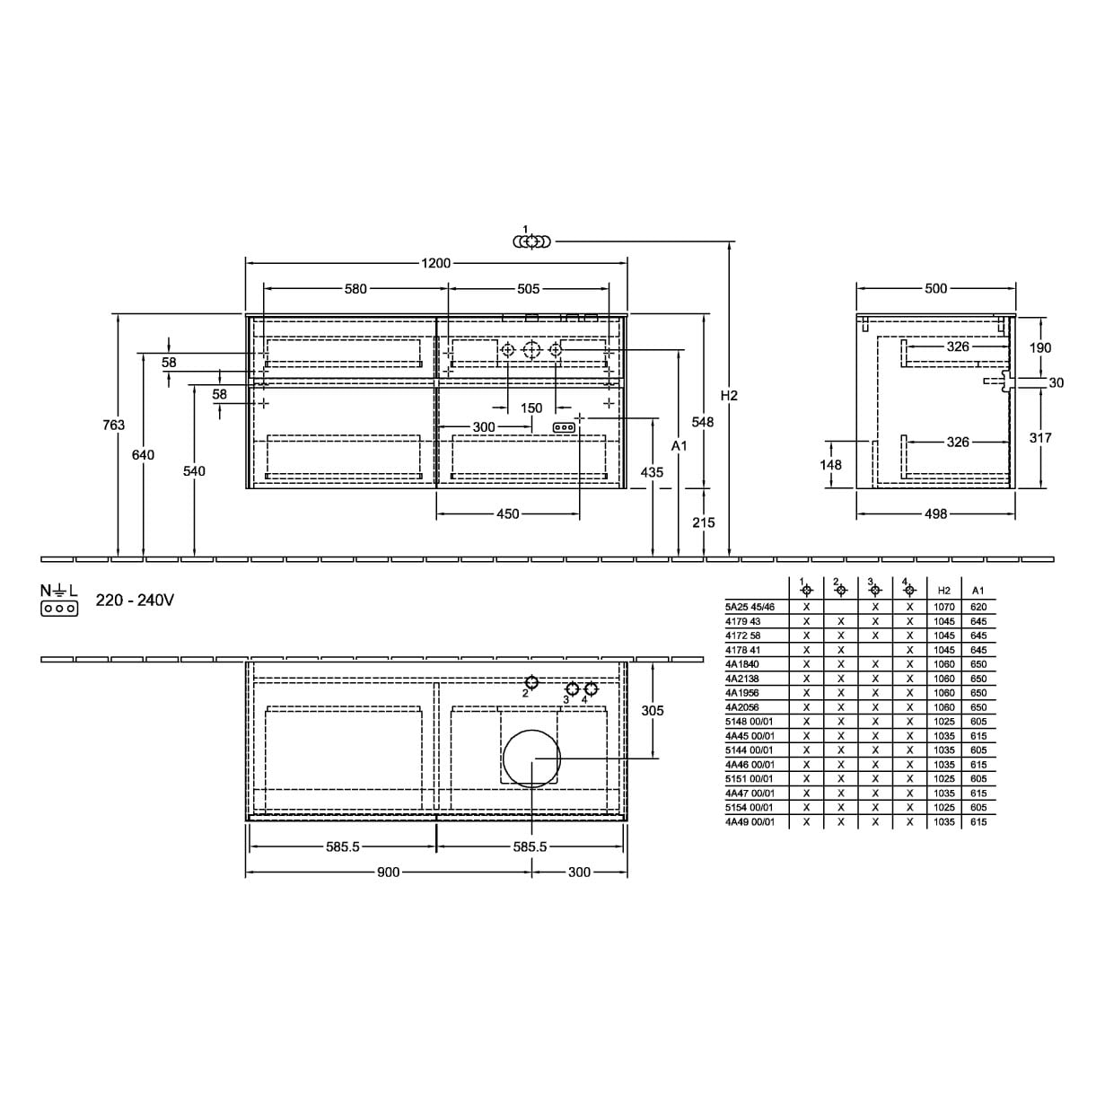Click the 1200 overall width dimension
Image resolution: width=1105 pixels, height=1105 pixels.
[x=436, y=263]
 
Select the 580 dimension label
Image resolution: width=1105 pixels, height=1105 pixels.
[x=355, y=289]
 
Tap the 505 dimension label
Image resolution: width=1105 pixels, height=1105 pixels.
[x=528, y=289]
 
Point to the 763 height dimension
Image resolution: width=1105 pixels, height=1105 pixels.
[x=113, y=425]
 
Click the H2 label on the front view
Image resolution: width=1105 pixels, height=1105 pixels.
[x=729, y=396]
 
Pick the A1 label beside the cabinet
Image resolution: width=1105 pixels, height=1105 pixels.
[x=679, y=445]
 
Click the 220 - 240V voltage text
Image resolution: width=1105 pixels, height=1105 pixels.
[x=135, y=601]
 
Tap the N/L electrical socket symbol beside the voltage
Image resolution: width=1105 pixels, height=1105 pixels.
[x=59, y=600]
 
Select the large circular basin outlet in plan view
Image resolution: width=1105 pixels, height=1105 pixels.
[x=531, y=759]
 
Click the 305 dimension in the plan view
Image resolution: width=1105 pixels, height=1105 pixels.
[x=653, y=710]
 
